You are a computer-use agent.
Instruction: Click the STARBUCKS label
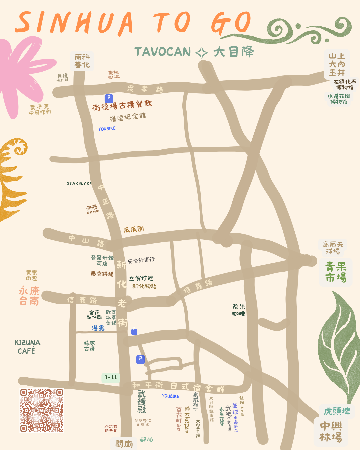click(79, 184)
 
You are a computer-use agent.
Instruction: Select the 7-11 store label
click(111, 377)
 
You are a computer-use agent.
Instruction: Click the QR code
click(42, 410)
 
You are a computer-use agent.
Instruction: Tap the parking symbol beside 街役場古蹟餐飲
click(109, 98)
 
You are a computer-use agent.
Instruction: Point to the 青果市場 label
click(336, 272)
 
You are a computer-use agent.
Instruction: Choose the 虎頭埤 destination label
click(337, 411)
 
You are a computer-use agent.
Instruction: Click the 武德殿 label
click(142, 402)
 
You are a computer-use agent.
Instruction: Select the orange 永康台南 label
click(29, 296)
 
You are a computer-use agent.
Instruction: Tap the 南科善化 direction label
click(82, 61)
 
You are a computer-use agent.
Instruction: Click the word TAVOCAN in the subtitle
click(163, 52)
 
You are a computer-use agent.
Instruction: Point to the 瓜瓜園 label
click(134, 229)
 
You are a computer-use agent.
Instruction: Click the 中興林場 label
click(331, 432)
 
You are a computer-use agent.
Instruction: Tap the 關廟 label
click(124, 444)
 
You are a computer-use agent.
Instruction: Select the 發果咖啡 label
click(239, 310)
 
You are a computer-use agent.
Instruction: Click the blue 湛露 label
click(98, 328)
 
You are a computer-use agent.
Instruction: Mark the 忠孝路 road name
click(145, 89)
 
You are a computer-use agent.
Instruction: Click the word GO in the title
click(231, 23)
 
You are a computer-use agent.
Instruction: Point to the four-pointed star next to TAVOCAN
click(202, 53)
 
